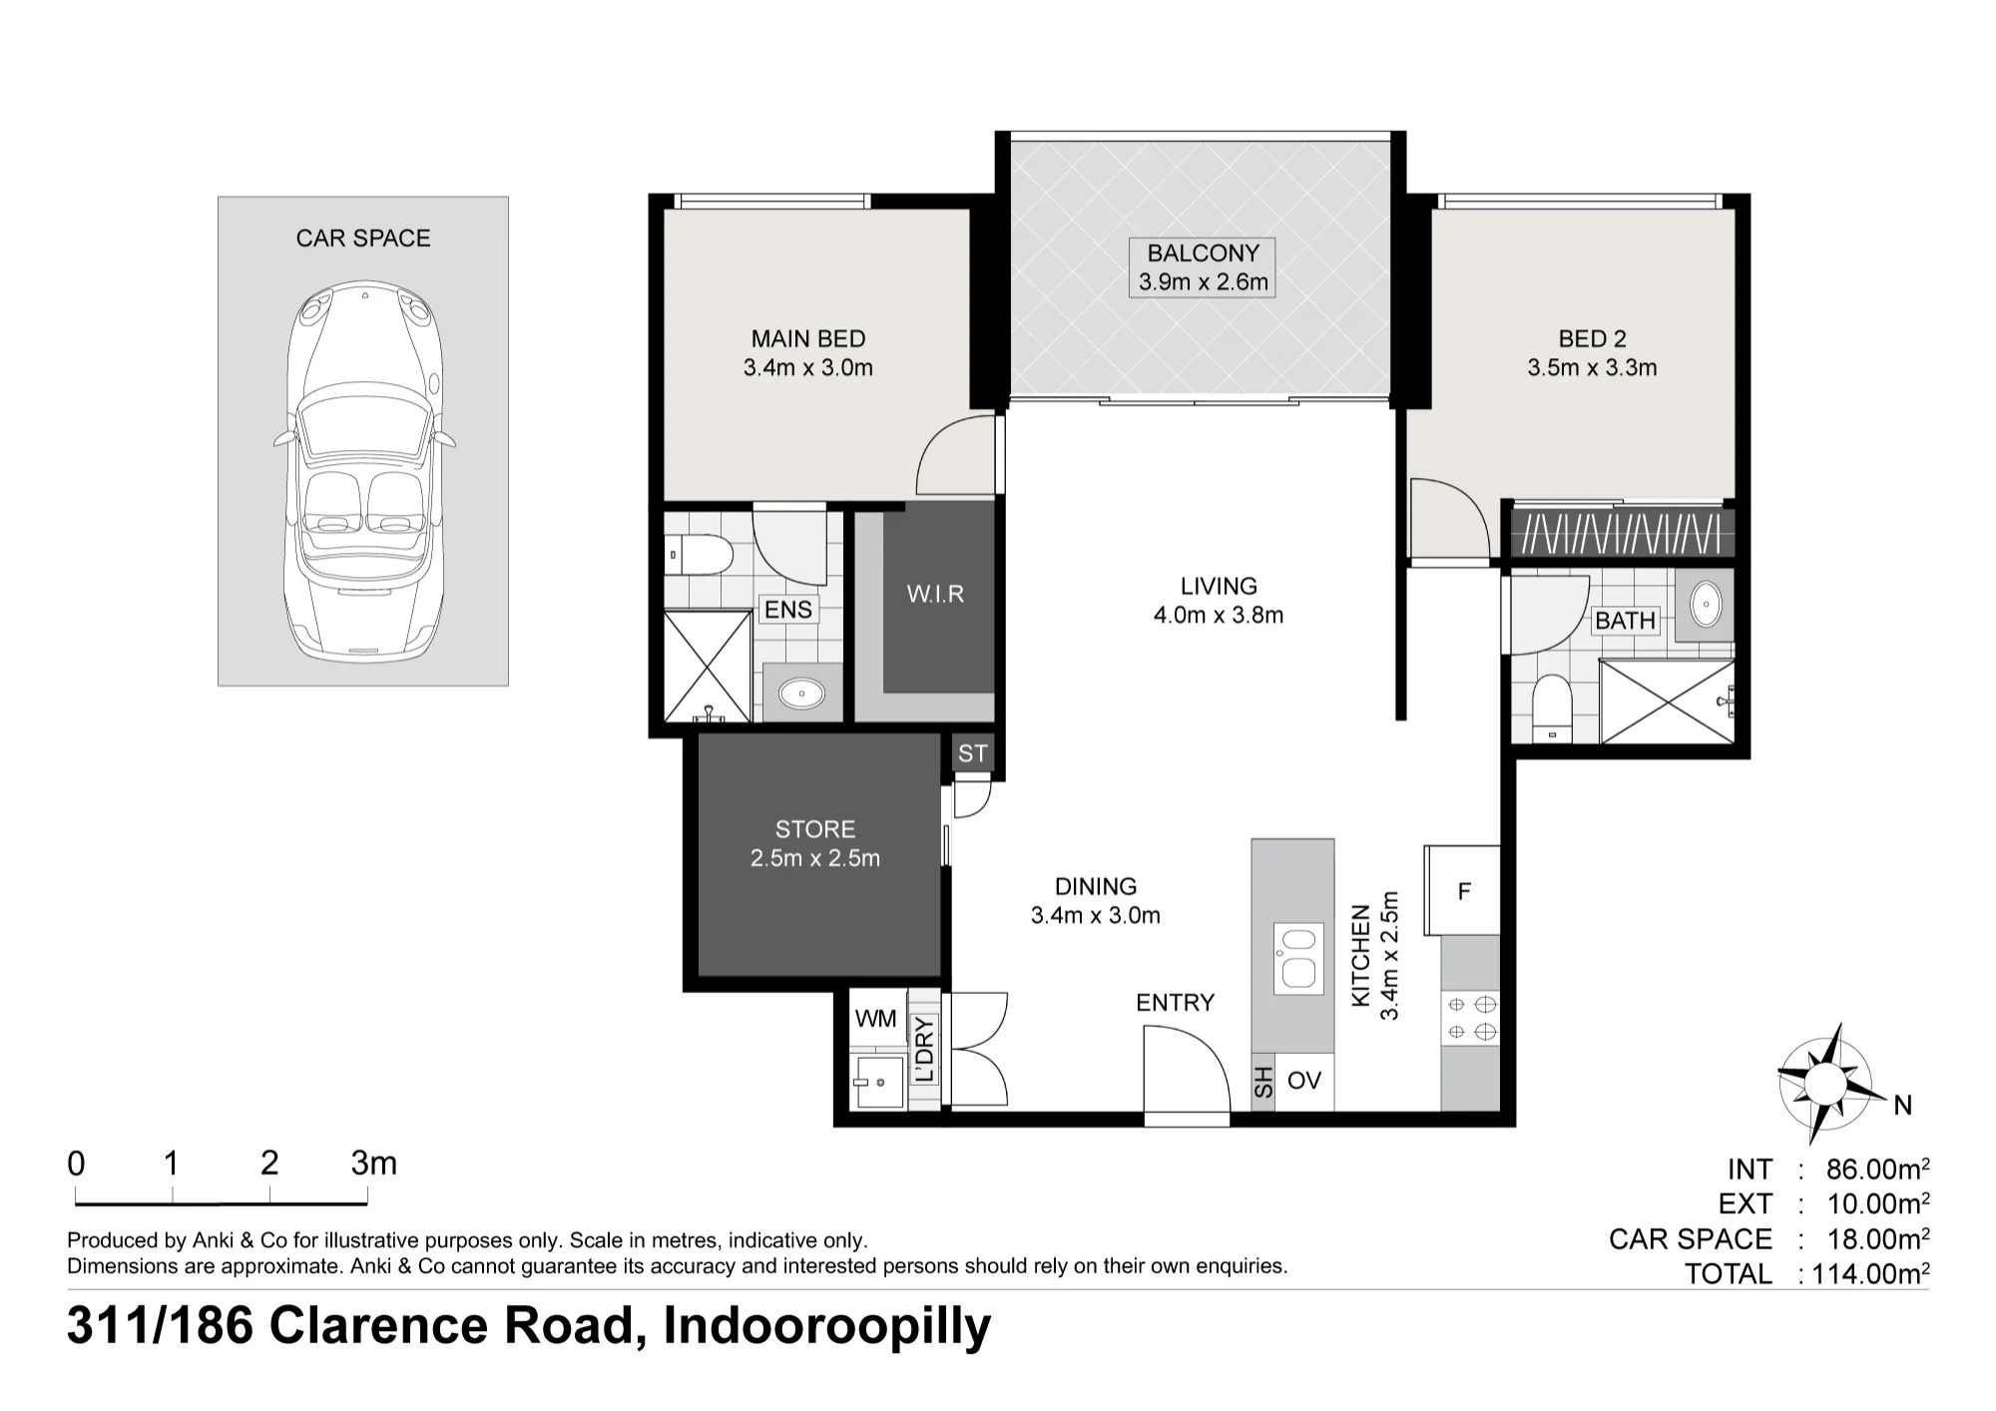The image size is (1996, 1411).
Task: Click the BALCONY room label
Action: pos(1203,253)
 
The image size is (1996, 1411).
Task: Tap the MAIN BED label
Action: pos(808,339)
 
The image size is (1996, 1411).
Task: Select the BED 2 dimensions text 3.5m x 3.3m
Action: pos(1592,368)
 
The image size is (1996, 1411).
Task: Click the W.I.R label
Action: pos(935,595)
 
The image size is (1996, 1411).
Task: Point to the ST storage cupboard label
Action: pos(972,753)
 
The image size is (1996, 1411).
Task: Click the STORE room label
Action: pos(815,829)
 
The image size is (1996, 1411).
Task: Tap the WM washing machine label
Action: pos(876,1019)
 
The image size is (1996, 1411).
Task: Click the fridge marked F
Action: pos(1463,891)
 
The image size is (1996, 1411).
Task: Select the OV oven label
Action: pos(1304,1080)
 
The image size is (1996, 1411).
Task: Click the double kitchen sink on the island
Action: pos(1298,958)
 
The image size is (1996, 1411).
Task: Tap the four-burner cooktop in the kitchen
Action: pos(1470,1018)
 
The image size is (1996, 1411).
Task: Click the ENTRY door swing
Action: pos(1187,1074)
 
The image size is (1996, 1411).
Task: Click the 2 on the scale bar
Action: pos(269,1164)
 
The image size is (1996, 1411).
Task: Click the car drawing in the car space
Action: pos(362,470)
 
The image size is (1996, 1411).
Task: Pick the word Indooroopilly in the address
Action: pos(827,1326)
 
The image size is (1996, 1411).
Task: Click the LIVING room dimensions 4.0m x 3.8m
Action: pos(1219,616)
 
